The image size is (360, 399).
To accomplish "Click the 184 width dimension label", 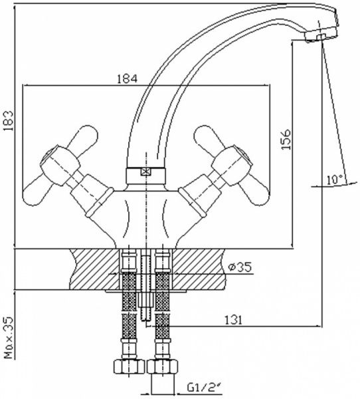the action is click(127, 78).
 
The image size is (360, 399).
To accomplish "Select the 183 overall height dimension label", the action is click(9, 120).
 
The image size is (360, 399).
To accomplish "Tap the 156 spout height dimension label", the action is click(286, 140).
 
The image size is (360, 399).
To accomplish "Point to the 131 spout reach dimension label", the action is click(233, 320).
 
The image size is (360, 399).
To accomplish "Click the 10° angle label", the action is click(335, 180).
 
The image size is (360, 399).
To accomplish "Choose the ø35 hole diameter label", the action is click(240, 267).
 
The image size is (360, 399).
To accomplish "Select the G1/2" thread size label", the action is click(203, 388).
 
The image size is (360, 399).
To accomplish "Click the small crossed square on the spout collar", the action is click(145, 172).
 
